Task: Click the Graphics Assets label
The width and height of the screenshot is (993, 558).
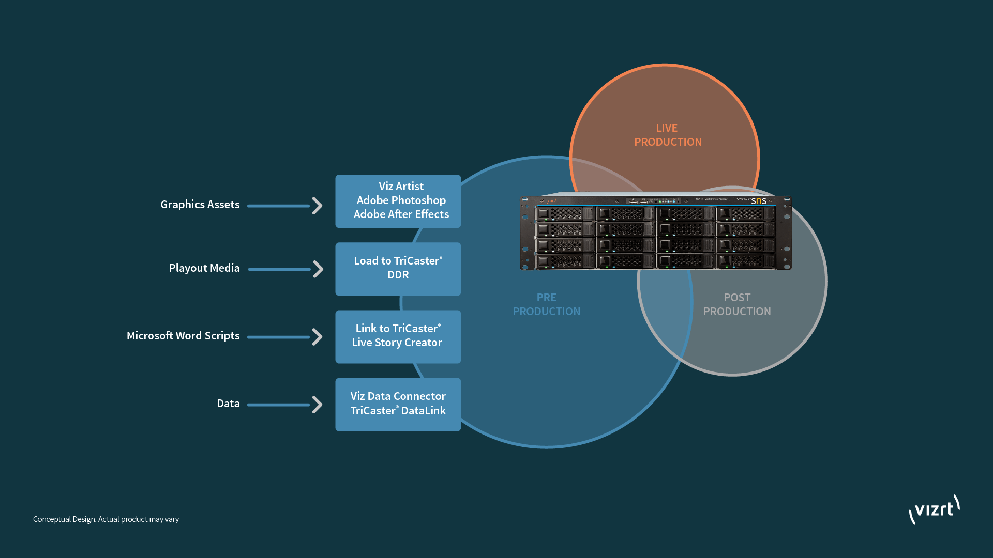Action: (x=200, y=205)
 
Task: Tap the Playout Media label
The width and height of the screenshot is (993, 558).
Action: (x=204, y=268)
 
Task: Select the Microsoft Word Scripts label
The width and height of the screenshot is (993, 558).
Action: (x=183, y=336)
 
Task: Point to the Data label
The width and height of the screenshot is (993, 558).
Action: (x=228, y=404)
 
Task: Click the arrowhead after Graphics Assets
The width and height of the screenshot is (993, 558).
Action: (x=318, y=206)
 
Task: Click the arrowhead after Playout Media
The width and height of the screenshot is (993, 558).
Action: (x=318, y=269)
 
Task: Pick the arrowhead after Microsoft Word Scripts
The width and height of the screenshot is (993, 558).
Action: (x=318, y=337)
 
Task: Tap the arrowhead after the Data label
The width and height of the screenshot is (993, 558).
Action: (x=318, y=405)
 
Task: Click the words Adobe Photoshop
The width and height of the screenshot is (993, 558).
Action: (x=401, y=200)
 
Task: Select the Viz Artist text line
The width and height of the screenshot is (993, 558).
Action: (x=401, y=187)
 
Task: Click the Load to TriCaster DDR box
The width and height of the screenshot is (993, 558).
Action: (x=398, y=269)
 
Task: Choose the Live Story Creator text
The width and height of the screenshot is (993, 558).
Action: (x=397, y=343)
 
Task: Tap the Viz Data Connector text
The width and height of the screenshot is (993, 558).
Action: (x=398, y=396)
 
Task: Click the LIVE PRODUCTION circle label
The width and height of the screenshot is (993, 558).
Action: (x=668, y=135)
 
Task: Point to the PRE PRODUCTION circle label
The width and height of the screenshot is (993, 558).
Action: (x=546, y=304)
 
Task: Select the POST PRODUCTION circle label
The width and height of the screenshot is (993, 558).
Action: (x=736, y=304)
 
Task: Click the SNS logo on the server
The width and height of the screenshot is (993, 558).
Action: (x=759, y=200)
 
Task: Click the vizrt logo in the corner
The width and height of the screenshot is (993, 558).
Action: (x=934, y=510)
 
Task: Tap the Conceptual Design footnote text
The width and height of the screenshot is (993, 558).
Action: (x=106, y=519)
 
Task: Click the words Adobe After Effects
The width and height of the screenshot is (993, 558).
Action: (x=401, y=214)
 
